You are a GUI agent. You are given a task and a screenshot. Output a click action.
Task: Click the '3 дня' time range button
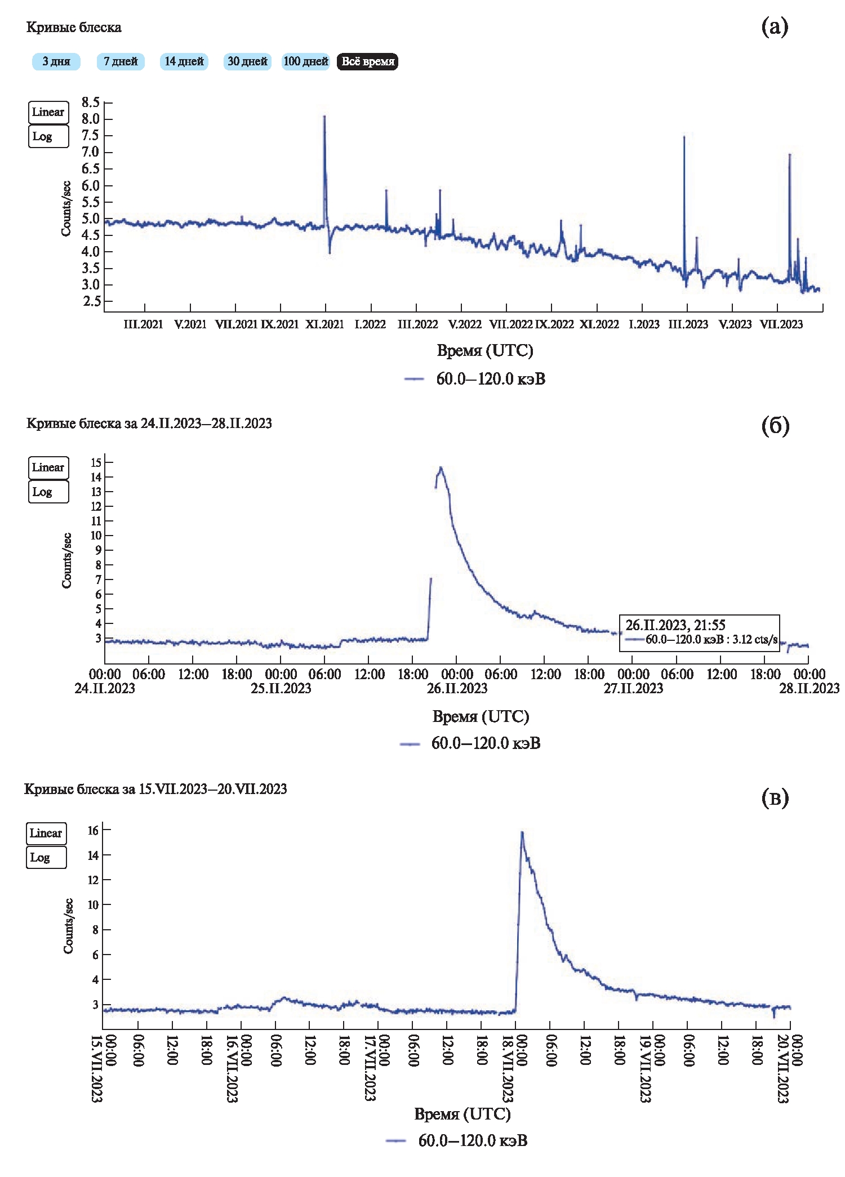[x=56, y=61]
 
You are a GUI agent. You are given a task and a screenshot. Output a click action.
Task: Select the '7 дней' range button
[x=121, y=61]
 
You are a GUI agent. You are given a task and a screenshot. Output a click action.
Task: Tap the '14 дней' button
[x=184, y=61]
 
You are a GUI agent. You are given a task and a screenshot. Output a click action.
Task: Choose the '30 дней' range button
[x=247, y=61]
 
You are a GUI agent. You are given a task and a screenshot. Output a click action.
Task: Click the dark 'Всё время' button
[x=367, y=61]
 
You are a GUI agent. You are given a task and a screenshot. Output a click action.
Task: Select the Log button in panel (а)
[x=48, y=136]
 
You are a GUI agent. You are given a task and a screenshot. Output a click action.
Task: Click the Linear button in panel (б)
[x=48, y=467]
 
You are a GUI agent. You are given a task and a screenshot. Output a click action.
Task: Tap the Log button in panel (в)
[x=46, y=858]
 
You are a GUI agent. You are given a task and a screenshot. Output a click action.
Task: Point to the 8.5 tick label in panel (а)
[x=90, y=102]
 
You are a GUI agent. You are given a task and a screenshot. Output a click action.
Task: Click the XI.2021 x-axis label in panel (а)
[x=324, y=324]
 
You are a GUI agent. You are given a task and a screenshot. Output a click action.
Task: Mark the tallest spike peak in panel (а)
[x=324, y=117]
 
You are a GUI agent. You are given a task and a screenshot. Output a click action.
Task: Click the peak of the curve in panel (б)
[x=441, y=467]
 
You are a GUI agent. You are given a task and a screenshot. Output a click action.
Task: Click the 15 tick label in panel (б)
[x=96, y=462]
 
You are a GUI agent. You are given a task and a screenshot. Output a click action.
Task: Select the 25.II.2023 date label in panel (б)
[x=281, y=688]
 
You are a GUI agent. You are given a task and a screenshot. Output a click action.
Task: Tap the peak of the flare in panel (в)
[x=522, y=832]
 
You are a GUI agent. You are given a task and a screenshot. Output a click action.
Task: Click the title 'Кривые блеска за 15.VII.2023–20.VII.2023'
[x=155, y=789]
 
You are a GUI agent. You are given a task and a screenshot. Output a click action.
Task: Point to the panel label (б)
[x=775, y=425]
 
